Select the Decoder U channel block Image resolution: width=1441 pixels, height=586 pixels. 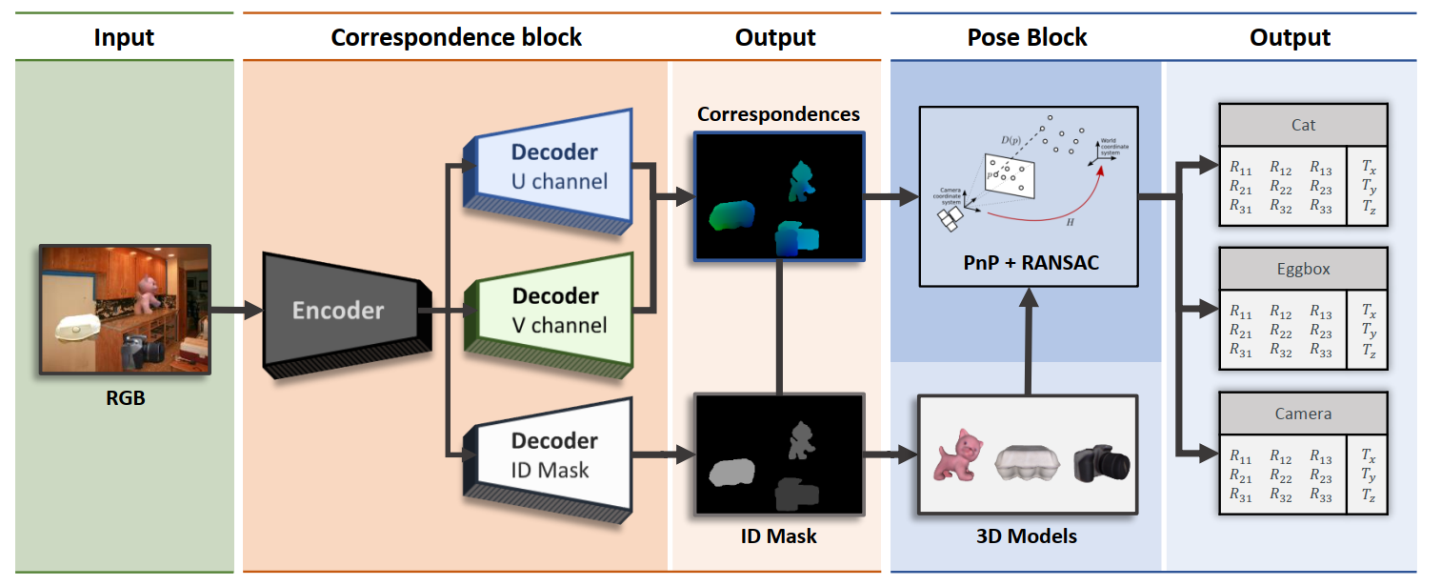pyautogui.click(x=553, y=167)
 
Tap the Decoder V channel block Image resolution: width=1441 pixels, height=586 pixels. pyautogui.click(x=553, y=311)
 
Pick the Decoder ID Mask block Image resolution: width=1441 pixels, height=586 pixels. pyautogui.click(x=553, y=455)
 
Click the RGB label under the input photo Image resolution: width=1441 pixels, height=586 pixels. pyautogui.click(x=125, y=398)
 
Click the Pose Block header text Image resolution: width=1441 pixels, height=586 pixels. pyautogui.click(x=1027, y=37)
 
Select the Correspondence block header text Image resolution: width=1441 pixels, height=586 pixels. pyautogui.click(x=456, y=37)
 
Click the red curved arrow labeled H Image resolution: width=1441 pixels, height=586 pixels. pyautogui.click(x=1057, y=205)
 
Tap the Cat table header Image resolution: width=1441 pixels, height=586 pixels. pyautogui.click(x=1303, y=125)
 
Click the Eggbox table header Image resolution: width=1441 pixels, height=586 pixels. pyautogui.click(x=1303, y=270)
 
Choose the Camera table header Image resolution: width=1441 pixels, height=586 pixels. pyautogui.click(x=1303, y=414)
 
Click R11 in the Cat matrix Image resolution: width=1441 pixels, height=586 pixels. pyautogui.click(x=1240, y=168)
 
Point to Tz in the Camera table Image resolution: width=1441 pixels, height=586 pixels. pyautogui.click(x=1370, y=495)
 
